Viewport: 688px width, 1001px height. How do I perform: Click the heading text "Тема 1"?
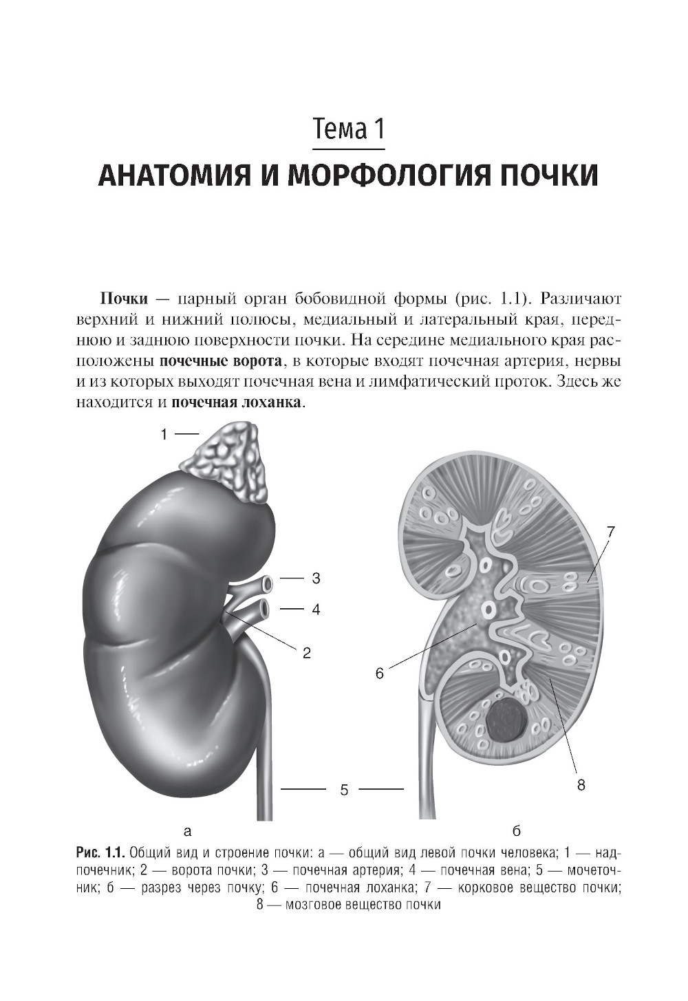348,129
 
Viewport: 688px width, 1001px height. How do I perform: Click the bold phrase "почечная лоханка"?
235,402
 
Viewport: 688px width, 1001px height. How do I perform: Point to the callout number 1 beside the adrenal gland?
164,434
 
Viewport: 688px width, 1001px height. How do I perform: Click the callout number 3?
316,579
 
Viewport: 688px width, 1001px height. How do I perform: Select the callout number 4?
316,610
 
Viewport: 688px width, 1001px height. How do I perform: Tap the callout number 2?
307,653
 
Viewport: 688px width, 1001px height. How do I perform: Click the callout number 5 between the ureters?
344,790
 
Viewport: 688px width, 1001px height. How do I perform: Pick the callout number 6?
379,674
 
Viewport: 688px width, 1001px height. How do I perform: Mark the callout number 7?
610,531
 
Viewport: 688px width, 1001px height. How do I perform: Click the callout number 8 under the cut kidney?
581,784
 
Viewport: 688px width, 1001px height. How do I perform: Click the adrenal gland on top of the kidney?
229,461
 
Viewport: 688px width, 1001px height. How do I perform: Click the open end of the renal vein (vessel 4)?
263,610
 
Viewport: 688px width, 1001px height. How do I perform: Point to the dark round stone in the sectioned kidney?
507,721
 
